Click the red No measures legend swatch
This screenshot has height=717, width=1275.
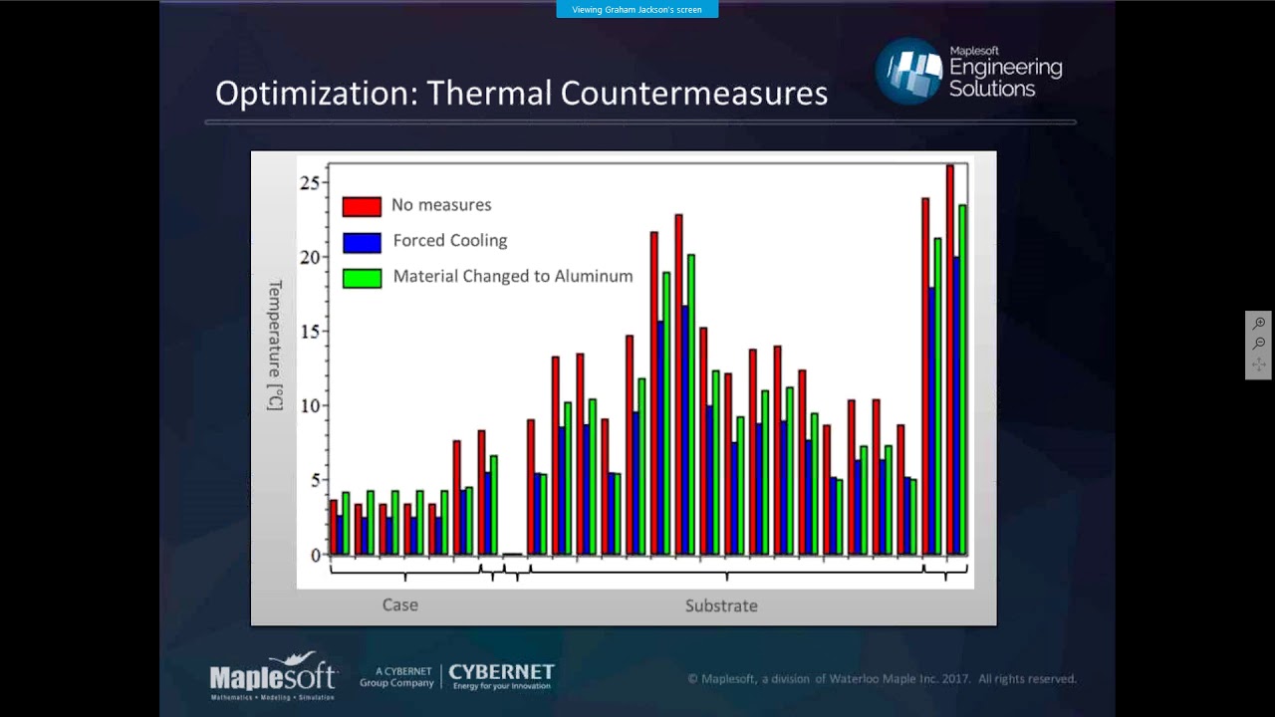(x=362, y=206)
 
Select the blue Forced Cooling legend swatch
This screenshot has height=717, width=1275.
(x=362, y=242)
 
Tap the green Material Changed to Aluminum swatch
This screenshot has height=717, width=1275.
(x=362, y=278)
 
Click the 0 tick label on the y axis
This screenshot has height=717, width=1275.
(x=316, y=556)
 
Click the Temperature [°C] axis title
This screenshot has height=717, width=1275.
(x=275, y=345)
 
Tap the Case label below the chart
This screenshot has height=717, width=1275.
(x=400, y=605)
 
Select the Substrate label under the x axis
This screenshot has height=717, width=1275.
(x=721, y=605)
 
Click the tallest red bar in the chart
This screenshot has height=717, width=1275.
(x=950, y=358)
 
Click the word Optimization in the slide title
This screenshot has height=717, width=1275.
(x=316, y=94)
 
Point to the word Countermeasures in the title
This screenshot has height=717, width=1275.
(x=694, y=94)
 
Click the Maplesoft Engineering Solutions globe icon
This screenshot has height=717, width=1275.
(x=908, y=71)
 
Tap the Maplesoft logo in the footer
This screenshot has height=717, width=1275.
(x=273, y=677)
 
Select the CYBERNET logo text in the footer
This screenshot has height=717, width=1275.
(x=501, y=675)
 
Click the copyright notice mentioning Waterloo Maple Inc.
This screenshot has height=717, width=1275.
(x=882, y=679)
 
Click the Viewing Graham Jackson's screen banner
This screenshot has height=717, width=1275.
(x=637, y=10)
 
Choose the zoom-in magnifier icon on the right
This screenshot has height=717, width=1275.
(x=1259, y=324)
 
